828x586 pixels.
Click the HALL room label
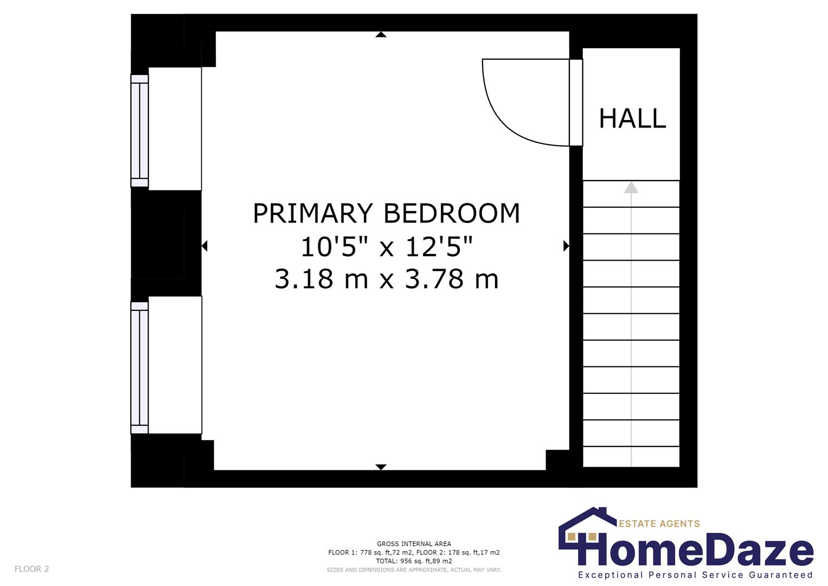[x=632, y=118]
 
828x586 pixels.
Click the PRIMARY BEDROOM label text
[x=386, y=213]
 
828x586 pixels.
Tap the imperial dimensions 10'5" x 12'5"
[x=386, y=247]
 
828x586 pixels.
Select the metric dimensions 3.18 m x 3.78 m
[x=386, y=279]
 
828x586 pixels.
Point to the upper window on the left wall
[x=140, y=130]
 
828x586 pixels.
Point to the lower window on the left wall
[x=140, y=368]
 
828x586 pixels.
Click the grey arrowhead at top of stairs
[x=631, y=187]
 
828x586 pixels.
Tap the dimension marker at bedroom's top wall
[x=381, y=35]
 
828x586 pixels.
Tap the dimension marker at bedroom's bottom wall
[x=381, y=467]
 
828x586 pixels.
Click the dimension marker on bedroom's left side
[x=204, y=246]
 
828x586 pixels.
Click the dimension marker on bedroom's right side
[x=566, y=246]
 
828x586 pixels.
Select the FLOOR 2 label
[x=31, y=569]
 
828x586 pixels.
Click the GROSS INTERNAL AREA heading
[x=414, y=544]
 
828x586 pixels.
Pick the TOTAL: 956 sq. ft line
[x=414, y=561]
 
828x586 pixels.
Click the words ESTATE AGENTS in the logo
[x=659, y=524]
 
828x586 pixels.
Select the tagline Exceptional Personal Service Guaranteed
[x=695, y=575]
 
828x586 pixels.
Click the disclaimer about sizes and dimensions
[x=414, y=570]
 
